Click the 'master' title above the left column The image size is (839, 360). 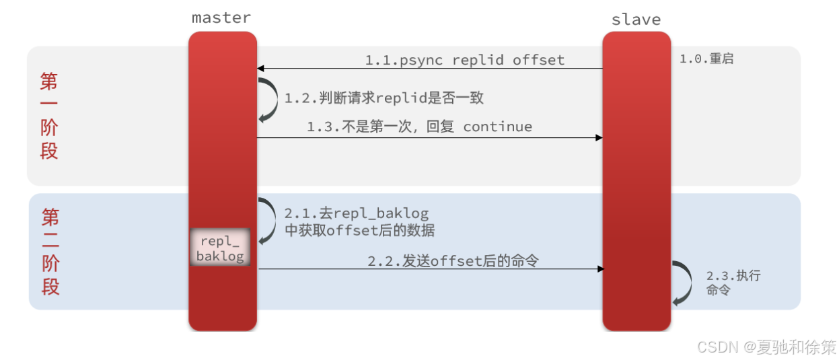click(x=221, y=17)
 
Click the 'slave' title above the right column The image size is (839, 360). click(x=636, y=20)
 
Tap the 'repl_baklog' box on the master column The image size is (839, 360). click(x=220, y=248)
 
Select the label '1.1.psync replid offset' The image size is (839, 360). click(x=464, y=60)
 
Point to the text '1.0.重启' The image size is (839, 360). click(x=706, y=59)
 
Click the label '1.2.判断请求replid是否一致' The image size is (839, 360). click(x=384, y=98)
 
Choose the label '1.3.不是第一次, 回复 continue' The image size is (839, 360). click(x=419, y=127)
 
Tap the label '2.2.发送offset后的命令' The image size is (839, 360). click(x=453, y=260)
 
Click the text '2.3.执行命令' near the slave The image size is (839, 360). click(x=733, y=283)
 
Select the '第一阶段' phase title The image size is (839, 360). click(x=49, y=115)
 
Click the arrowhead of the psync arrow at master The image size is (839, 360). click(x=260, y=69)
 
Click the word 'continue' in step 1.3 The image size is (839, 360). click(x=497, y=127)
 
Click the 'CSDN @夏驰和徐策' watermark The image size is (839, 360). click(x=766, y=347)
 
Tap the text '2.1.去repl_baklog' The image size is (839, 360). click(x=356, y=213)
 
